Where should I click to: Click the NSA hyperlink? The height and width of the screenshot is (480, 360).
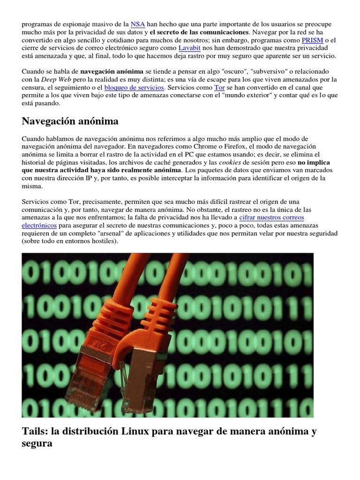(x=137, y=24)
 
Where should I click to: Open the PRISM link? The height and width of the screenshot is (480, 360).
(x=312, y=40)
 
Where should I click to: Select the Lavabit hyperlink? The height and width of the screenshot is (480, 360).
(x=189, y=48)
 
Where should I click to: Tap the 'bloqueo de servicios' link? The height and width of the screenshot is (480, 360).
(x=134, y=87)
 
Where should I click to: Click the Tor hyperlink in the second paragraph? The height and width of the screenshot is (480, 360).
(x=219, y=87)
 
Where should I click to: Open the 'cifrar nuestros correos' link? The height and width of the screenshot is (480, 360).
(x=271, y=217)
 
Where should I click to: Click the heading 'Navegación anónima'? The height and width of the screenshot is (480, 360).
(x=70, y=121)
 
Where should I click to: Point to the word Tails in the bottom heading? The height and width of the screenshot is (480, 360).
(x=35, y=431)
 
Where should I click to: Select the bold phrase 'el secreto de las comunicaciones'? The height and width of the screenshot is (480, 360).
(x=199, y=32)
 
